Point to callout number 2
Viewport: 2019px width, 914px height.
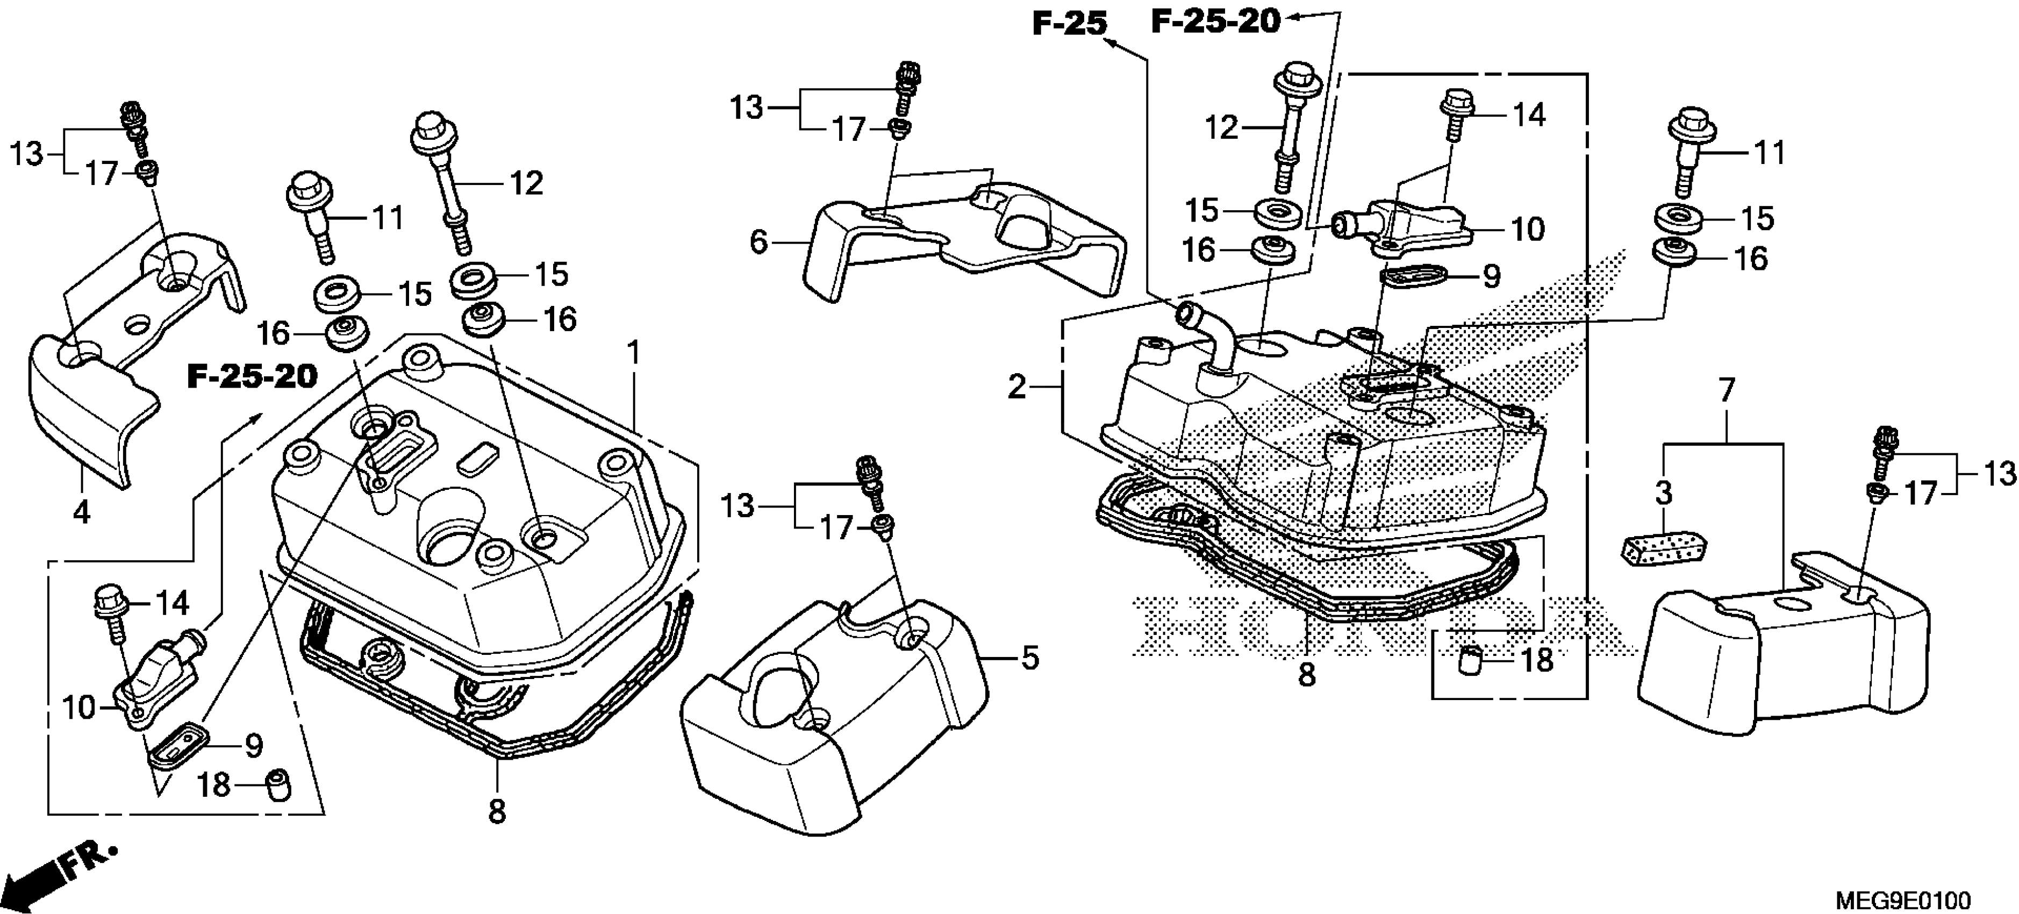[x=1016, y=387]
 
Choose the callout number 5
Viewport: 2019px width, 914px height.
[x=1030, y=658]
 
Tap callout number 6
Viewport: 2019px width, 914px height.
[x=758, y=242]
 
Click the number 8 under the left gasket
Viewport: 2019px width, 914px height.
[x=497, y=811]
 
